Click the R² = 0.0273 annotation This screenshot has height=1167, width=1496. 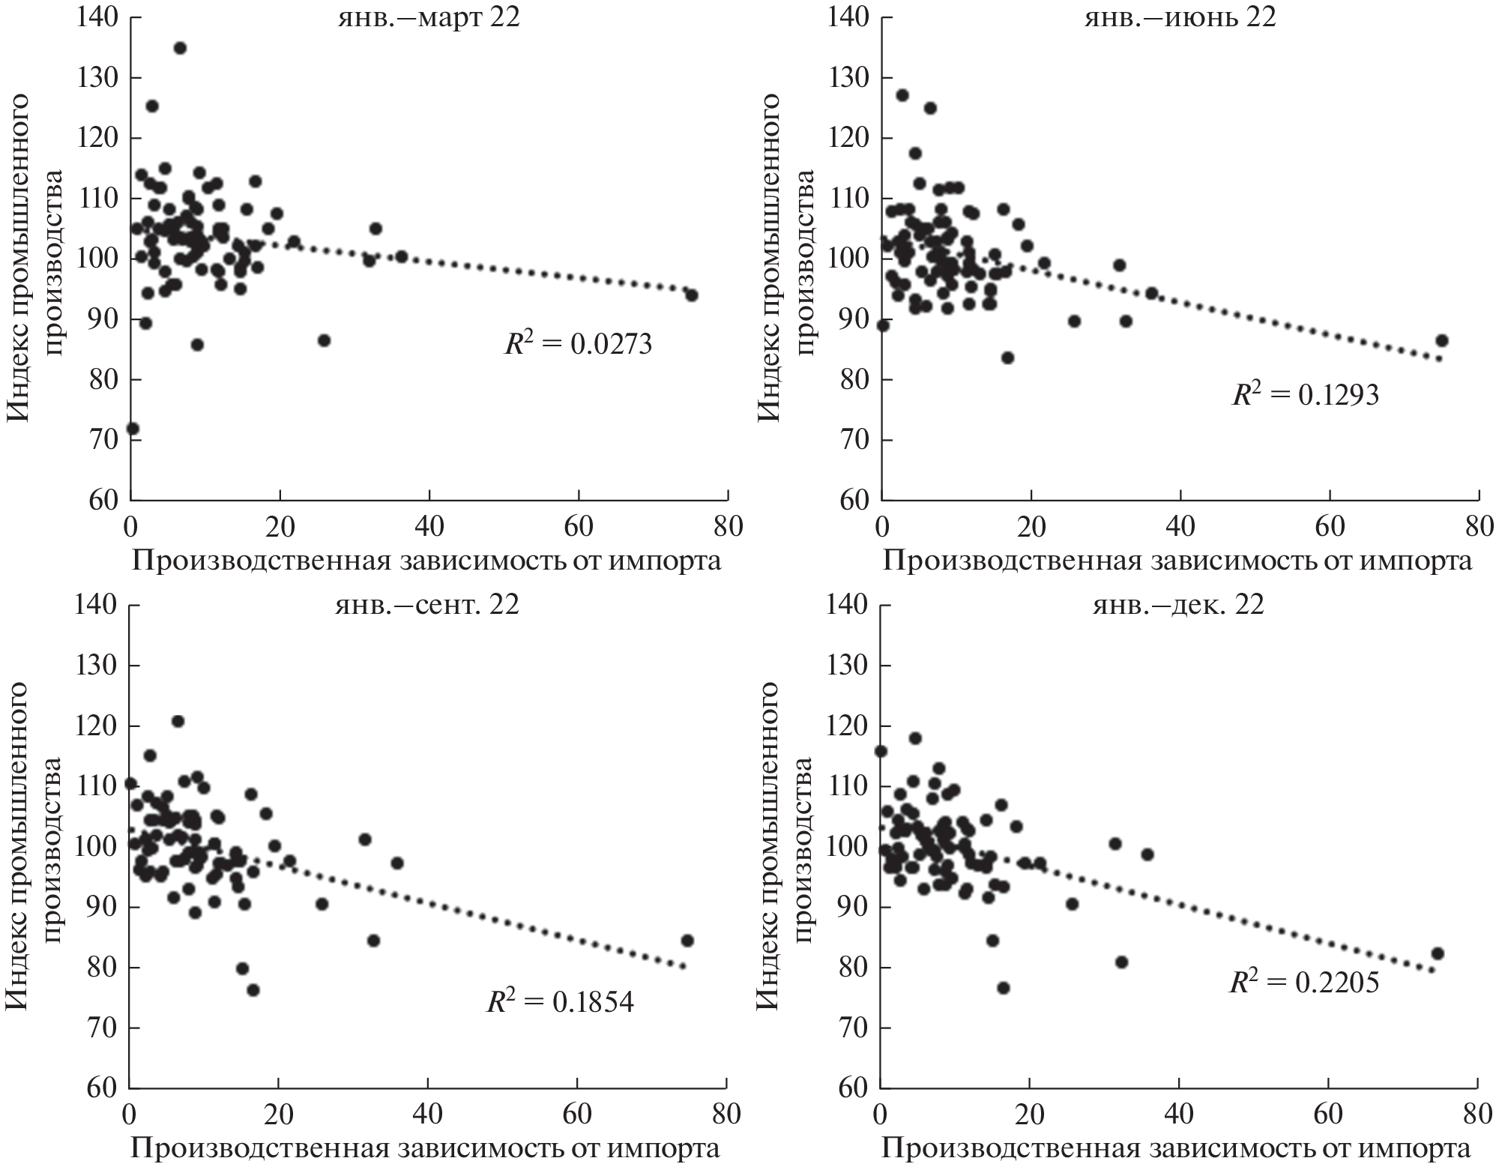tap(578, 344)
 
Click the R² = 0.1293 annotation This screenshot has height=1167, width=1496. tap(1305, 394)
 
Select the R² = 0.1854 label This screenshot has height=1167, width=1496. tap(560, 1002)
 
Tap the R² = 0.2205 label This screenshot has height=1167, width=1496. tap(1304, 982)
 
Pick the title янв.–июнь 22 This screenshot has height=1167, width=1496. tap(1180, 17)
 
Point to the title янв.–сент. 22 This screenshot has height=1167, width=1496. tap(426, 605)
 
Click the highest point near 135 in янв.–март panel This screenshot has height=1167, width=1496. tap(180, 48)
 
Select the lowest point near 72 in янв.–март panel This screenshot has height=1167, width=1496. tap(133, 429)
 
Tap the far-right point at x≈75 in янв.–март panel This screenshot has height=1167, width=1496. tap(691, 295)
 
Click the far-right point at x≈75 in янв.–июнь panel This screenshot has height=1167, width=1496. tap(1441, 341)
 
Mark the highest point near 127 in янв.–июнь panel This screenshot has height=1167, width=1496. tap(902, 95)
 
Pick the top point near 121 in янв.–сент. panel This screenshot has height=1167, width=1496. tap(178, 722)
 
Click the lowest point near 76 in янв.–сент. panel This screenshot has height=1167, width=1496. tap(253, 990)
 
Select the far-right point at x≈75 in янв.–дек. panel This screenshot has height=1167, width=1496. tap(1438, 953)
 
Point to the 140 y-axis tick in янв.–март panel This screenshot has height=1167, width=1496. tap(97, 18)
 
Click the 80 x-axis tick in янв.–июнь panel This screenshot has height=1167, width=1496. tap(1478, 527)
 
